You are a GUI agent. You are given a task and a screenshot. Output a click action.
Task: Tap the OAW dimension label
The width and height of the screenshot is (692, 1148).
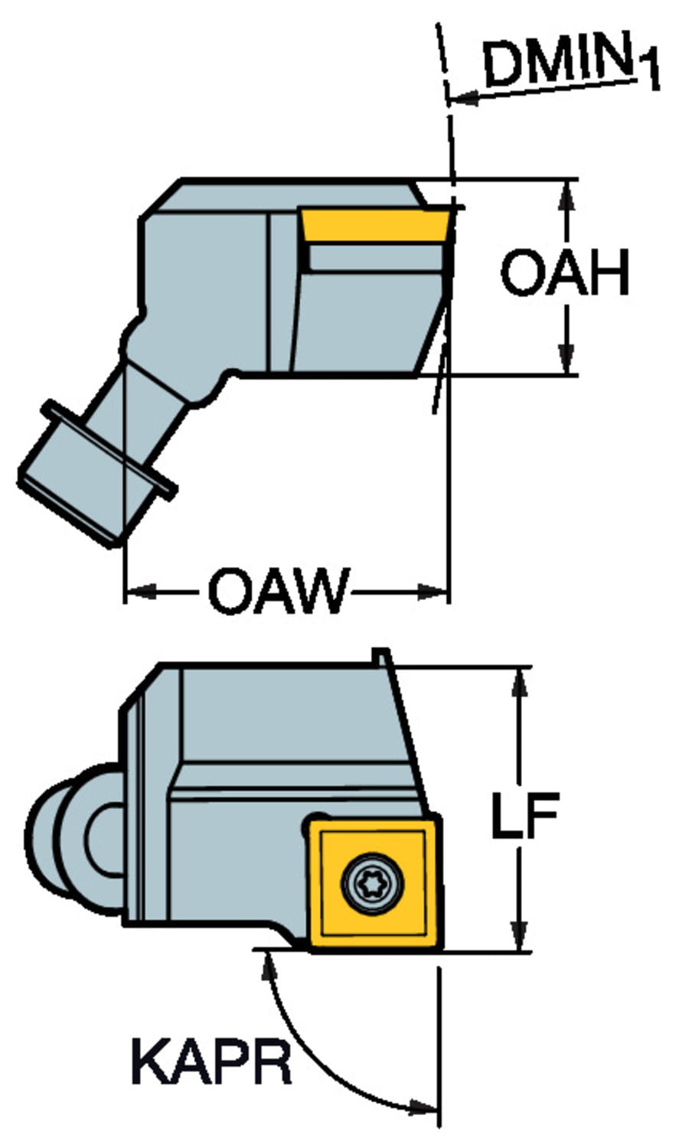point(278,592)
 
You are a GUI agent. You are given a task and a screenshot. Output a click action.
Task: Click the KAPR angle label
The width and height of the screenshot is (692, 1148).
point(211,1062)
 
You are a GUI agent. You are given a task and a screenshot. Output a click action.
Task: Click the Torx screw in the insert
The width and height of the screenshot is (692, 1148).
point(370,882)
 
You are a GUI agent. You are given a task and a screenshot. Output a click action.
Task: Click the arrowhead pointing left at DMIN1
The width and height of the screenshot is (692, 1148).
point(464,98)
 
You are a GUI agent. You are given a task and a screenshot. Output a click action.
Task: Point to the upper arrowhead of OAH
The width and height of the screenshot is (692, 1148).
point(566,196)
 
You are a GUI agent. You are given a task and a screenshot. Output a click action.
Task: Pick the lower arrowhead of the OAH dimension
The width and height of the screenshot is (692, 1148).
point(566,360)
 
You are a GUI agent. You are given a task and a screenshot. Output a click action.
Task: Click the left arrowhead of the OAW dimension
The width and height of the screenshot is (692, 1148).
point(141,592)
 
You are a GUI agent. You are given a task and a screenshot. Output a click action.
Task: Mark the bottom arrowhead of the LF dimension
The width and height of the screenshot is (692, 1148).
point(520,935)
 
